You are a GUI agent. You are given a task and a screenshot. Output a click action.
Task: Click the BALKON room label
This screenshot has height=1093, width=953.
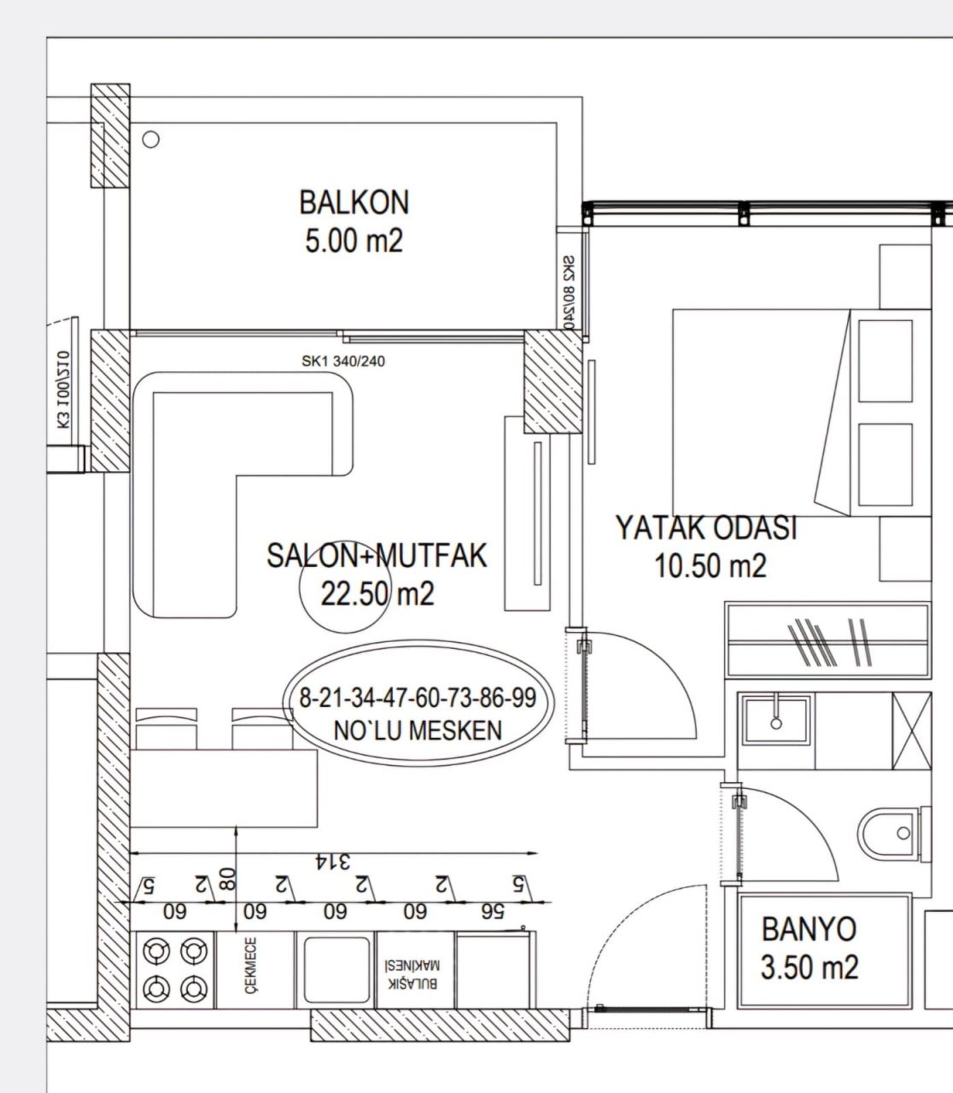click(354, 202)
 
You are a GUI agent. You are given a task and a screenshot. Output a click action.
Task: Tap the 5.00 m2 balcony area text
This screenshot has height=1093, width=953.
click(354, 241)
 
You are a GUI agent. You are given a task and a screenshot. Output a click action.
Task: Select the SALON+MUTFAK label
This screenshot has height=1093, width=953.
click(376, 556)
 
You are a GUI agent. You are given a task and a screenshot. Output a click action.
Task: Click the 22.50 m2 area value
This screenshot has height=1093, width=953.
click(377, 593)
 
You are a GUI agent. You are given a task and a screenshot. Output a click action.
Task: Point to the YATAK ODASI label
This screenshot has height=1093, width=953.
click(706, 529)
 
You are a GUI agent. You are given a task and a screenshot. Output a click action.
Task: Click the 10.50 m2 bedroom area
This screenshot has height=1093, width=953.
click(710, 566)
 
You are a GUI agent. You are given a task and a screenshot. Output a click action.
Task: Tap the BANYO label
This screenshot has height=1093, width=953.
click(808, 928)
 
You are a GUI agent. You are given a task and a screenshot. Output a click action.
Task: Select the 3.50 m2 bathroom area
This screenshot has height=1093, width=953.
click(809, 967)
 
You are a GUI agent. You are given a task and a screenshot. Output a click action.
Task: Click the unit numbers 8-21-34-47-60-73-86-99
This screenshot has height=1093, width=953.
click(418, 698)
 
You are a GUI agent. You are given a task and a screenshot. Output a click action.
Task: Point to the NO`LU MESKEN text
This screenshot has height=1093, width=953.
click(418, 730)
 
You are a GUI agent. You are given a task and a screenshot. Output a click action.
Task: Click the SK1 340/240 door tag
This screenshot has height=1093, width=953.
click(343, 361)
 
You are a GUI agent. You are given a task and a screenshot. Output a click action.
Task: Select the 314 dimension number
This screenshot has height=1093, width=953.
click(333, 861)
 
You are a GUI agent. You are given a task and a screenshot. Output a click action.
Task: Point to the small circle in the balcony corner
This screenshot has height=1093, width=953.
click(151, 139)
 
